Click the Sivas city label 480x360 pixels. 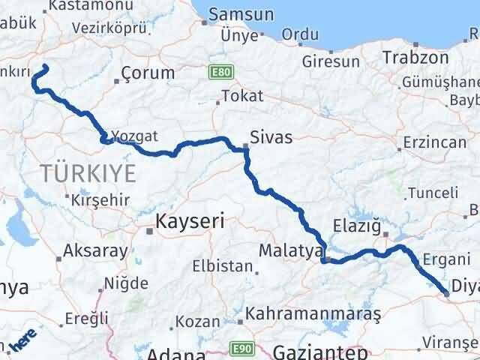[x=271, y=137]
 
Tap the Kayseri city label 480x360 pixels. [x=190, y=221]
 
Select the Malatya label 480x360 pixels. [x=289, y=250]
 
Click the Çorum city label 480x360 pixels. [x=148, y=73]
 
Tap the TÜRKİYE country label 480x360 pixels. [x=88, y=173]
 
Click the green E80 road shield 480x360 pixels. [x=221, y=72]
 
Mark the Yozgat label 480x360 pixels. [x=137, y=136]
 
